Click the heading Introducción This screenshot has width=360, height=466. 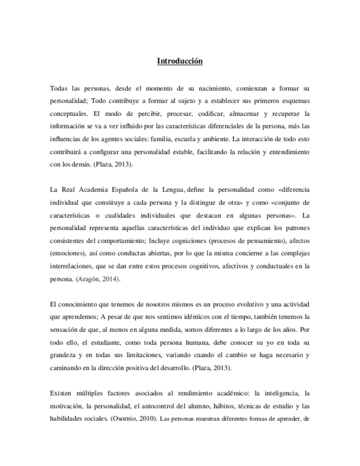click(180, 61)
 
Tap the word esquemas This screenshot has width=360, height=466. click(296, 101)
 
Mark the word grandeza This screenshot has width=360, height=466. click(64, 355)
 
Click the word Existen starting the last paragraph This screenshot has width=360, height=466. click(61, 393)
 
